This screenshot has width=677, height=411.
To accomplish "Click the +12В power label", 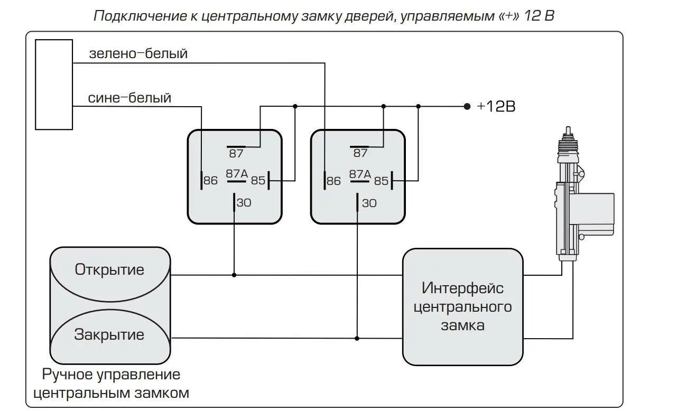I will tap(496, 106).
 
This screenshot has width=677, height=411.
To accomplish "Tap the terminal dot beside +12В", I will tap(467, 106).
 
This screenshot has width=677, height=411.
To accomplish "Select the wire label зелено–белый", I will tap(138, 54).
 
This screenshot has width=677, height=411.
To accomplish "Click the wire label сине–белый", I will tap(129, 98).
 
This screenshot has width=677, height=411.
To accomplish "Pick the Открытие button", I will tap(109, 270).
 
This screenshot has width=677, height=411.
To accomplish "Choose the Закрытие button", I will tap(109, 335).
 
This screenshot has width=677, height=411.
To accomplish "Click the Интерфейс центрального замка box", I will tap(462, 306).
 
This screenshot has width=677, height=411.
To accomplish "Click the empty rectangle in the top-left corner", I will tap(53, 84).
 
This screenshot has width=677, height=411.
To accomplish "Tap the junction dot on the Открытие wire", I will tap(234, 275).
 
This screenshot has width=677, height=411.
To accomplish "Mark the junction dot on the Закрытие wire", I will tap(357, 338).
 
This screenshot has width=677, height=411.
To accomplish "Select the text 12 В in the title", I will tap(539, 16).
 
